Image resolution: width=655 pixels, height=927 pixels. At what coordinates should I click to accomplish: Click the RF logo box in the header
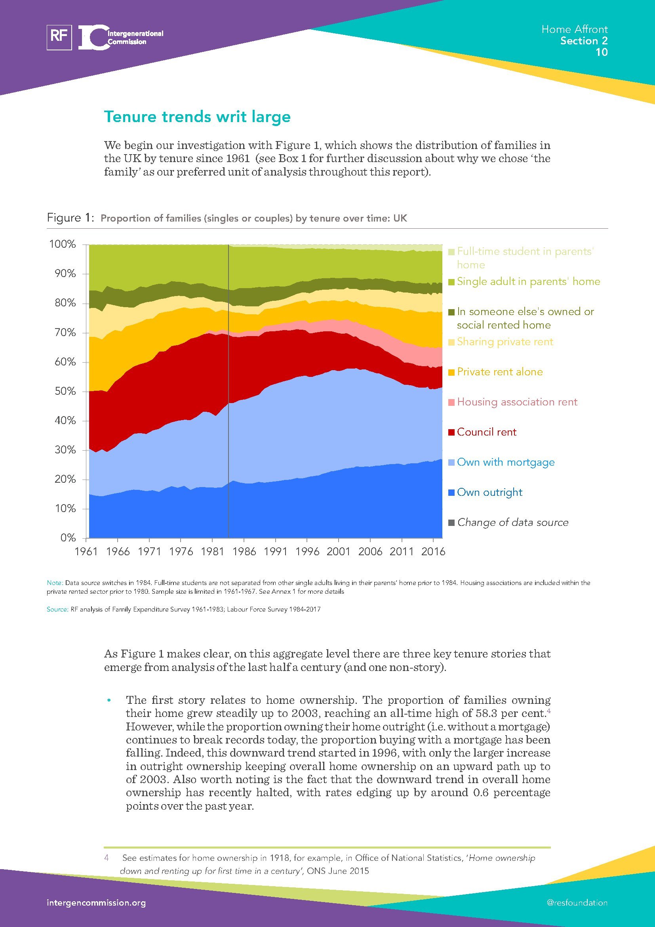click(59, 37)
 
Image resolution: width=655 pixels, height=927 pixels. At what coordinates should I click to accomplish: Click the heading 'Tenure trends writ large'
click(197, 117)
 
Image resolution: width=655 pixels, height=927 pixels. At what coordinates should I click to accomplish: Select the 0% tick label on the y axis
click(68, 538)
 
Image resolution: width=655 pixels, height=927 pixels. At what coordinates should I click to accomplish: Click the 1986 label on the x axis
click(244, 552)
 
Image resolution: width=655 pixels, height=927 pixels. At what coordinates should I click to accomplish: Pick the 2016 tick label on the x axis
click(433, 552)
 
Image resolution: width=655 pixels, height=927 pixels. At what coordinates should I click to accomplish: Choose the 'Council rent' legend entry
click(486, 432)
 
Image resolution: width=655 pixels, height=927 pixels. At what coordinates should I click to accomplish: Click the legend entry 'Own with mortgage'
click(506, 462)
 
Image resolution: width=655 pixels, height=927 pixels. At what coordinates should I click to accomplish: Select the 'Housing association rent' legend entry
click(517, 402)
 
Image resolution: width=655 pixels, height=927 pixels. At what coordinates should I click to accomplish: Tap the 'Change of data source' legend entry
click(512, 522)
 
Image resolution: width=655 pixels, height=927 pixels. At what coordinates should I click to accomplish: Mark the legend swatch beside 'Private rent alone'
click(452, 372)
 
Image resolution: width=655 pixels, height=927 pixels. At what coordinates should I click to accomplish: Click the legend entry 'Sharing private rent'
click(505, 342)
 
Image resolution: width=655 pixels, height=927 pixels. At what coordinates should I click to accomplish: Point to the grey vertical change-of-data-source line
click(228, 404)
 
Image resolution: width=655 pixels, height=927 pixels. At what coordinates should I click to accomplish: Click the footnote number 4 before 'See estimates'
click(107, 858)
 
